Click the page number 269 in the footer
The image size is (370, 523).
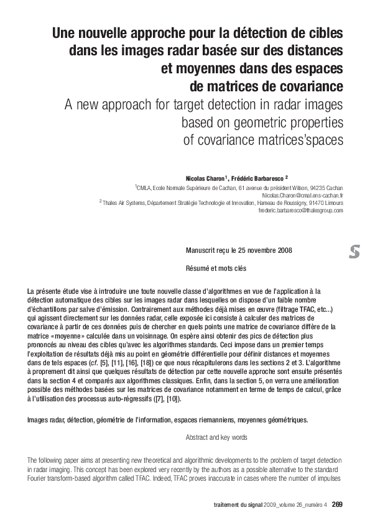pos(337,504)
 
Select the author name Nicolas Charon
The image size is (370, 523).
pos(206,178)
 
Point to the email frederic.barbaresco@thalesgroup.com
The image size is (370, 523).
pos(300,211)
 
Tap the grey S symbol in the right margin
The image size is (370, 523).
pos(354,252)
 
